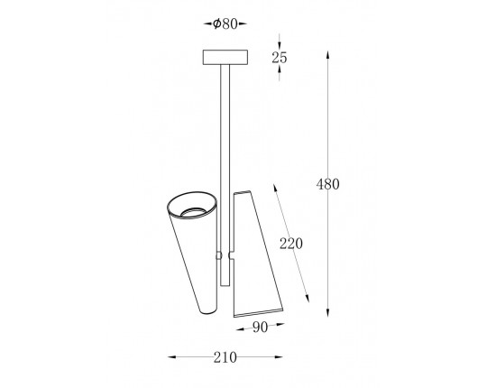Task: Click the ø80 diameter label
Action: click(225, 23)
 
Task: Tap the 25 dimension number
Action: click(280, 58)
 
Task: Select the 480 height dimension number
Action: click(328, 184)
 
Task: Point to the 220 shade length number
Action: click(291, 244)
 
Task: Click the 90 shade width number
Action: click(261, 328)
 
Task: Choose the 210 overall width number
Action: click(225, 357)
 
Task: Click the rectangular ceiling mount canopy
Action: click(225, 58)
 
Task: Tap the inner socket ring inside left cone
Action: click(193, 212)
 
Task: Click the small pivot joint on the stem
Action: click(218, 255)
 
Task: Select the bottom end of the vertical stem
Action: click(225, 285)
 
